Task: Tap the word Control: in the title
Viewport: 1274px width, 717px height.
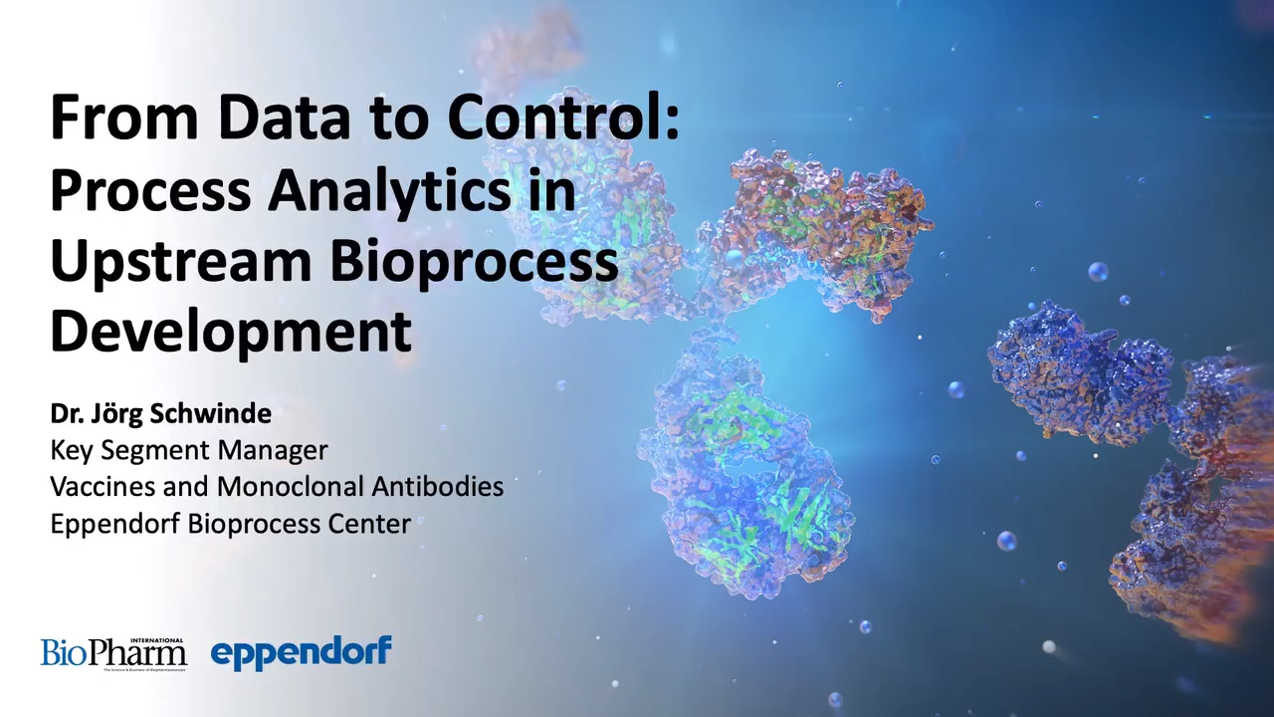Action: [x=563, y=117]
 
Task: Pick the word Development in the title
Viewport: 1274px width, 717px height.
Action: [x=231, y=331]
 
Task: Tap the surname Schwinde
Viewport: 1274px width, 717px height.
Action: [x=213, y=413]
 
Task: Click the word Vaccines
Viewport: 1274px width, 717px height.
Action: [x=103, y=487]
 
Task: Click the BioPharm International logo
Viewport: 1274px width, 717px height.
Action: [x=113, y=653]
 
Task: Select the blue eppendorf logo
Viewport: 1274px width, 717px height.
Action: [x=301, y=653]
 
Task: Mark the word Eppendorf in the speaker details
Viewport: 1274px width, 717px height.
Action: [x=115, y=524]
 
